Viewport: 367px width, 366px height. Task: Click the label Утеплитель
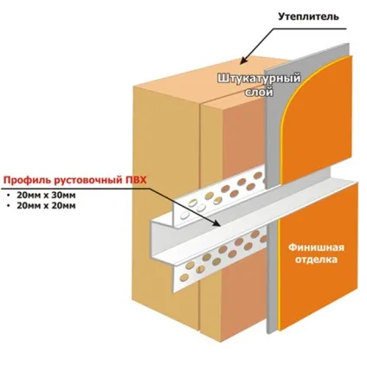[308, 16]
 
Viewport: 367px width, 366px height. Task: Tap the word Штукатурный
[259, 79]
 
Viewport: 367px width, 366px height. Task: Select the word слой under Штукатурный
[259, 93]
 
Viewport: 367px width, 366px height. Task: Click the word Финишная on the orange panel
[316, 247]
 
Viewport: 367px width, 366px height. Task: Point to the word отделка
[316, 260]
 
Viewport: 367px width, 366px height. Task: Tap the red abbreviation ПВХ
[135, 180]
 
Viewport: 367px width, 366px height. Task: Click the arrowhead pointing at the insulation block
[244, 60]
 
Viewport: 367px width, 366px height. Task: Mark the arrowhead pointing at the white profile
[217, 222]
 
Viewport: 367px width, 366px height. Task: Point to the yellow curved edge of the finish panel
[300, 95]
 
